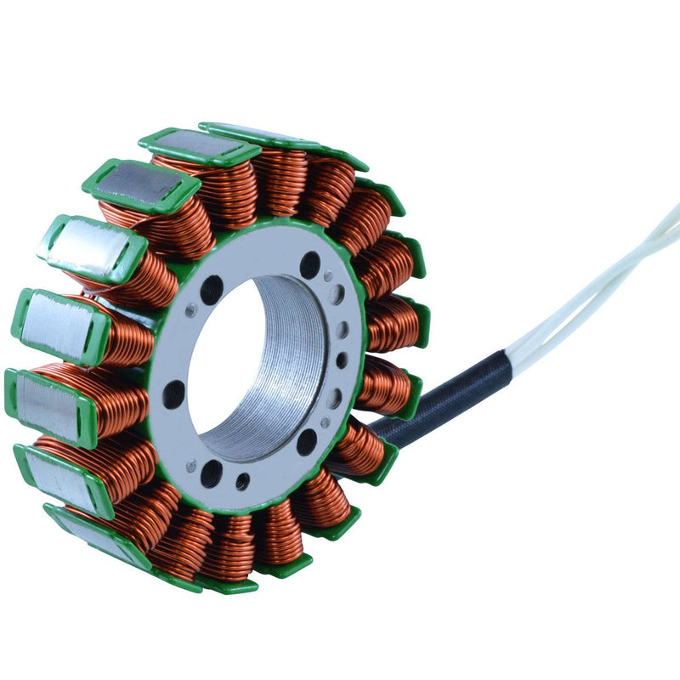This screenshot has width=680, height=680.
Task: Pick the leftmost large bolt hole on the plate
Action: click(173, 394)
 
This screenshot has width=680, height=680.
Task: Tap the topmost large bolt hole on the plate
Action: click(310, 264)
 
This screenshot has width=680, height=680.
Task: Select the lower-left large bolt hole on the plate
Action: click(211, 473)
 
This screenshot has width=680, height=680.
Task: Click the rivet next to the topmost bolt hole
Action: click(328, 275)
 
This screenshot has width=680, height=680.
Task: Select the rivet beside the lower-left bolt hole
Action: click(191, 464)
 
